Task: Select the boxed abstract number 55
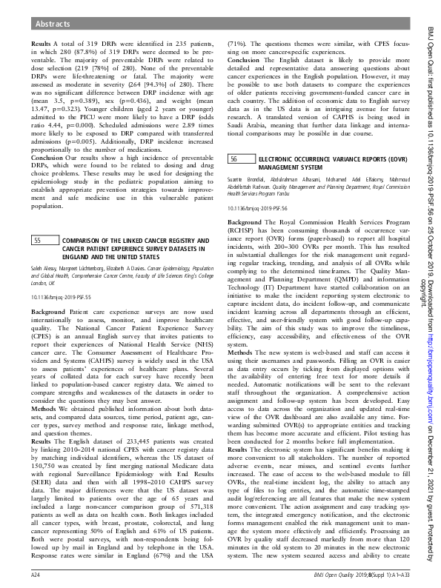pos(36,241)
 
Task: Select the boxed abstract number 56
pos(233,138)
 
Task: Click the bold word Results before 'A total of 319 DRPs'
pos(41,45)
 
